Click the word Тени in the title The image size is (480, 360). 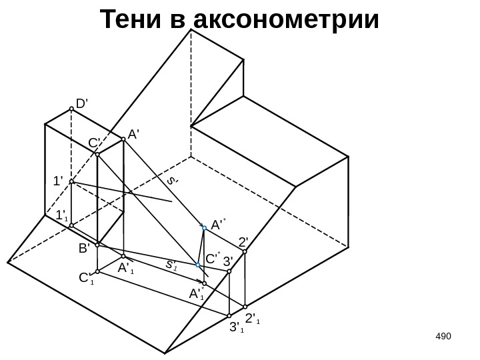coord(133,20)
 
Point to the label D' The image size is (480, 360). coord(83,104)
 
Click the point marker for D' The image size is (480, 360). coord(71,111)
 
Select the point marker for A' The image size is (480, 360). coord(123,139)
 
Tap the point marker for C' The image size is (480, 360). coord(97,154)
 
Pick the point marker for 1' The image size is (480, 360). coord(71,181)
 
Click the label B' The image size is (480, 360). coord(85,249)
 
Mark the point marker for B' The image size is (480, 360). coord(97,244)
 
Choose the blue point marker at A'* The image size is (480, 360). coord(205,228)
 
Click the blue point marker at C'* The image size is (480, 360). coord(198,265)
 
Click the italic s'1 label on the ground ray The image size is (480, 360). coord(171,264)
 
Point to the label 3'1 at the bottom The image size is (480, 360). coord(235,327)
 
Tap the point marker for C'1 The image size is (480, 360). coord(97,271)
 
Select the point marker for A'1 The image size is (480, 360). coord(123,257)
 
